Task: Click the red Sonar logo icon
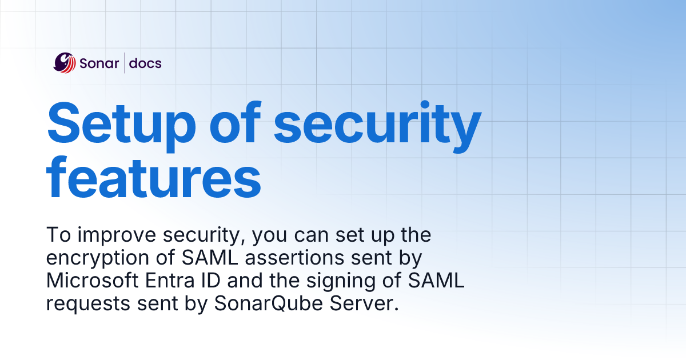[65, 63]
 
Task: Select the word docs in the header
[145, 63]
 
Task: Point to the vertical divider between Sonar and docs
[124, 63]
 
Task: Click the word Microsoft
[93, 281]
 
